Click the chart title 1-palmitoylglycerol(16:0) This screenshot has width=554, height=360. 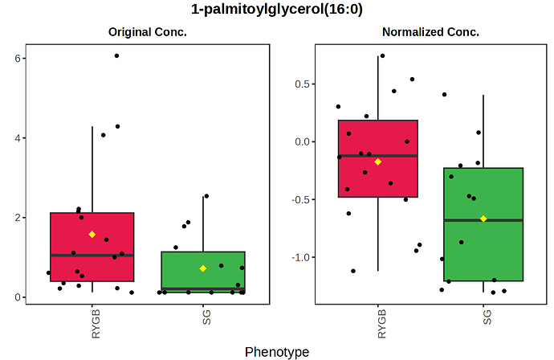(x=277, y=10)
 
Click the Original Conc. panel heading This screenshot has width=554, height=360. (x=148, y=33)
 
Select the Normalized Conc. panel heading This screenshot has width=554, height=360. (x=430, y=33)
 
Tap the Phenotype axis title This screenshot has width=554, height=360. (x=276, y=352)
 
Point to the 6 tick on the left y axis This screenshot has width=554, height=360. (x=17, y=59)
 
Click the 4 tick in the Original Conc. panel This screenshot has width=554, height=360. (x=17, y=138)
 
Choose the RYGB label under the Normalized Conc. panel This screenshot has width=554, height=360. (x=378, y=323)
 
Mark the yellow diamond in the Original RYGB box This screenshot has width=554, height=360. (x=92, y=235)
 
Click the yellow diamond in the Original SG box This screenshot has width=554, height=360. (x=203, y=268)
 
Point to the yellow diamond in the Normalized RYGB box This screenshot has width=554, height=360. (x=378, y=162)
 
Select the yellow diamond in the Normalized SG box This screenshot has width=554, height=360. (x=483, y=219)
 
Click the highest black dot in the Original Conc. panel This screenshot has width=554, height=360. (x=116, y=55)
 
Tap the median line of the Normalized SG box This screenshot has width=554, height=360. (x=483, y=220)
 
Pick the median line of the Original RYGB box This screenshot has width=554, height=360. (x=92, y=255)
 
